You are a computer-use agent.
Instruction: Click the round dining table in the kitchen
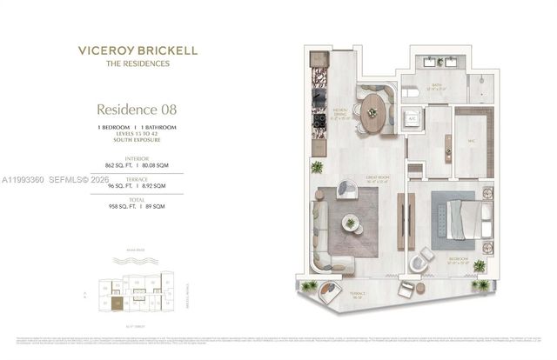point(372,112)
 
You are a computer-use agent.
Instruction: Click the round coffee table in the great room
point(350,222)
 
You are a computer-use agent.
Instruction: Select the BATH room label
point(434,87)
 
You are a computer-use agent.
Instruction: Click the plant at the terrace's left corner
point(310,286)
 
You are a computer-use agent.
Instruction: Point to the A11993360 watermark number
point(25,179)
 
